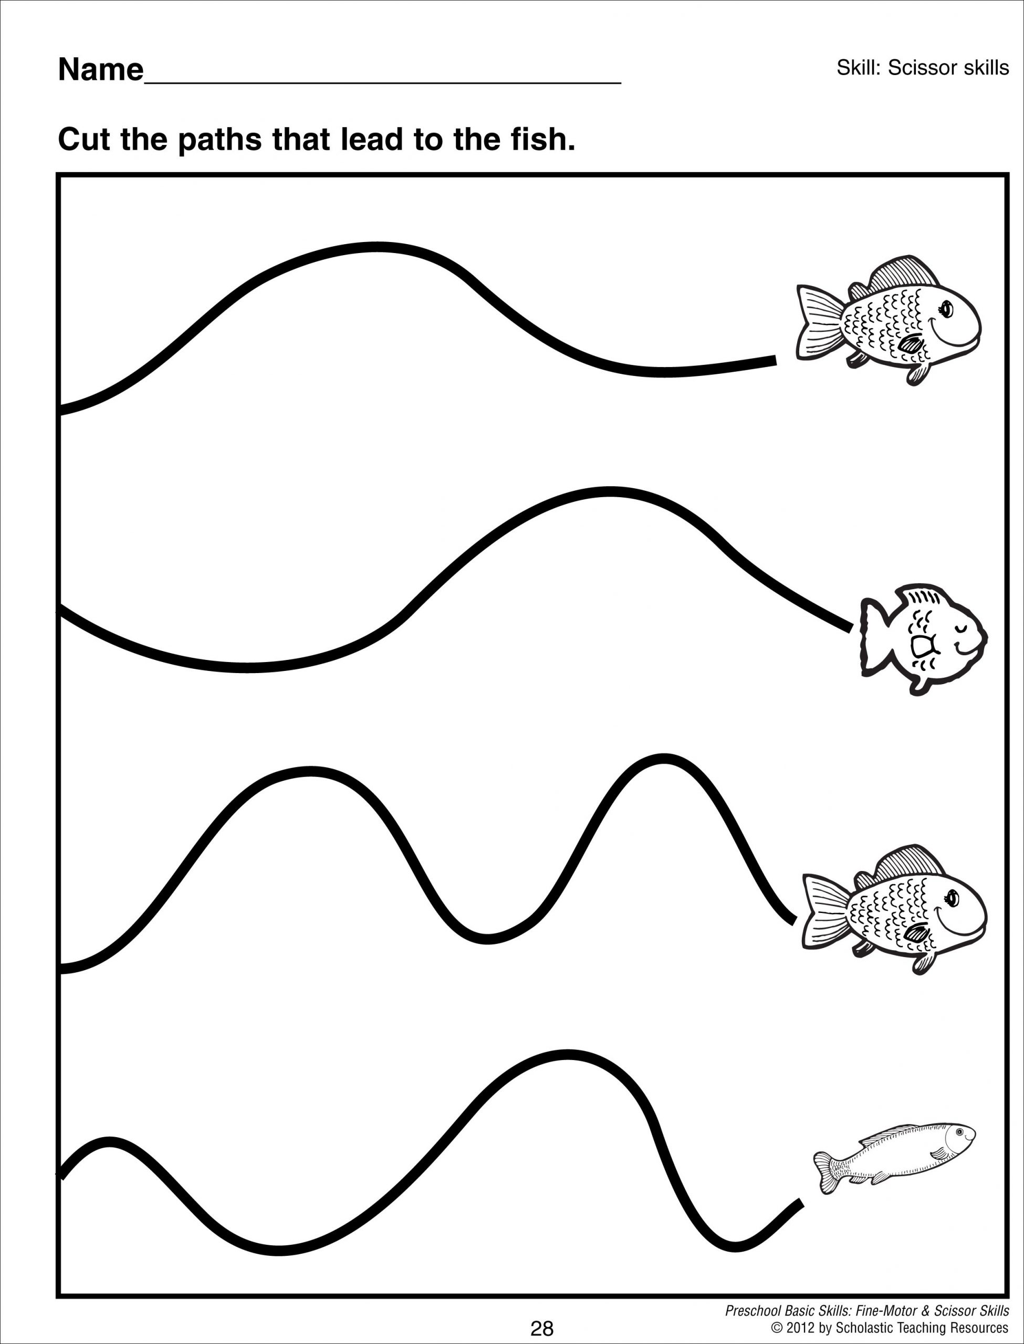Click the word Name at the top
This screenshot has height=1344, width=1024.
pos(101,71)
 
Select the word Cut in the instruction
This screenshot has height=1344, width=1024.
pos(84,140)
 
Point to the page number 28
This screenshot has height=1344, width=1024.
pos(541,1328)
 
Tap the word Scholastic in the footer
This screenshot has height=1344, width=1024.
pos(865,1328)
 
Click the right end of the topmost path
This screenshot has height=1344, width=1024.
pos(774,361)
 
